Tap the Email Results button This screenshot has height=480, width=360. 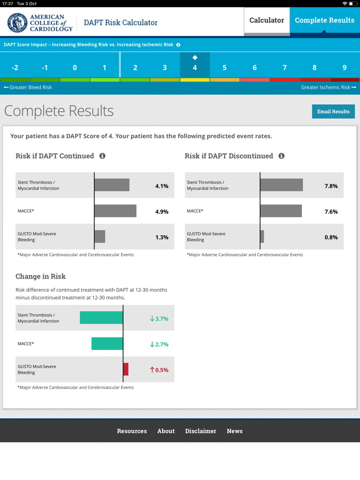(x=333, y=112)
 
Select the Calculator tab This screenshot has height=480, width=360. (x=266, y=21)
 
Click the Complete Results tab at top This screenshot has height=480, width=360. (x=325, y=21)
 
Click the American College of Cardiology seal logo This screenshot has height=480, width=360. (x=17, y=23)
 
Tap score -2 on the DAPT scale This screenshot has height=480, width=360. (x=15, y=67)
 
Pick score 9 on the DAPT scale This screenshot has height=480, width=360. (x=345, y=67)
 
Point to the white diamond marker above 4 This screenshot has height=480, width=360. (x=195, y=58)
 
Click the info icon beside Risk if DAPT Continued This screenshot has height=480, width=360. (x=102, y=156)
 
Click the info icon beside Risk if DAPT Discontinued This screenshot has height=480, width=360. (x=281, y=156)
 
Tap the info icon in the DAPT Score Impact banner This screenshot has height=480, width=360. (x=178, y=45)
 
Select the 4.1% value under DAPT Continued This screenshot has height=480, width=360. (x=161, y=186)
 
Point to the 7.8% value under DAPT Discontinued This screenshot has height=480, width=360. (x=331, y=186)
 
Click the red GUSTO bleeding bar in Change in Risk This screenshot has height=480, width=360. (x=126, y=370)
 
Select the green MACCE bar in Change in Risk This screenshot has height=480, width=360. (x=107, y=344)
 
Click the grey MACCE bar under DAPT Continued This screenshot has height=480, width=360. (x=115, y=211)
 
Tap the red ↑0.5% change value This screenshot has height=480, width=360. (x=159, y=370)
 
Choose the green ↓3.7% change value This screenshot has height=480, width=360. (x=159, y=319)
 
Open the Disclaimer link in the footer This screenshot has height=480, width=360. (x=201, y=431)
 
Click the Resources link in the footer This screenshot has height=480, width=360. (x=132, y=431)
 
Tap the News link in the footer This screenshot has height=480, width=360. (x=235, y=431)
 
